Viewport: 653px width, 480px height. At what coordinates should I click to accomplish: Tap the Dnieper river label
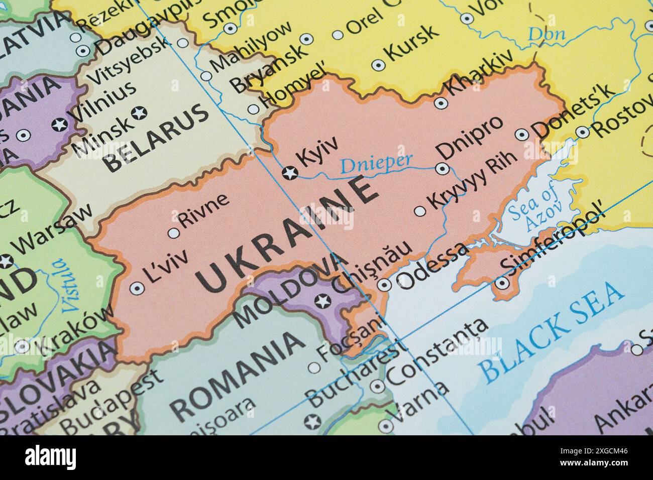click(376, 163)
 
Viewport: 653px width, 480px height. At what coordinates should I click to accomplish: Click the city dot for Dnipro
click(442, 169)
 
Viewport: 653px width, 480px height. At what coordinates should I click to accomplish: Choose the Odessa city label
click(432, 266)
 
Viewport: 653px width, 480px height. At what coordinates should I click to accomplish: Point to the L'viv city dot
click(136, 288)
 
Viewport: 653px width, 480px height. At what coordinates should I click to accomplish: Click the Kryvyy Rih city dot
click(419, 211)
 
